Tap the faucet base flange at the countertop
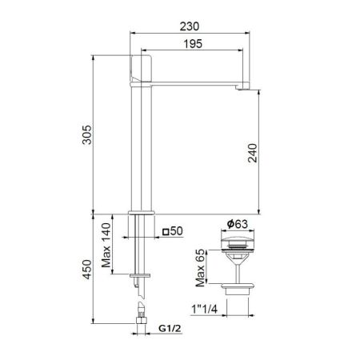point(141,213)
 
